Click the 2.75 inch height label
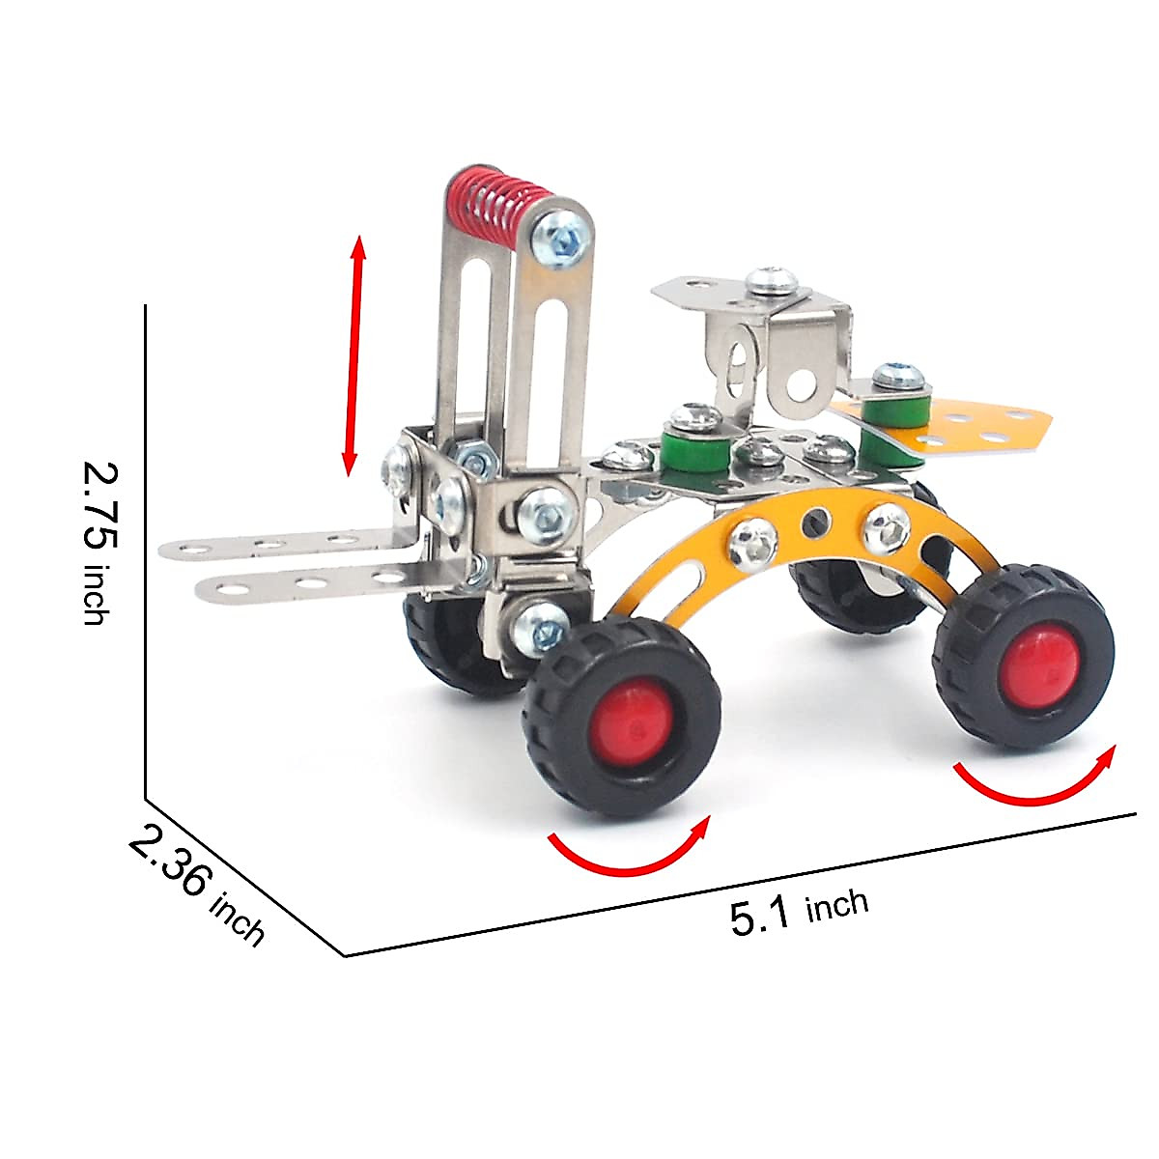100,542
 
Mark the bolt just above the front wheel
541,623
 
